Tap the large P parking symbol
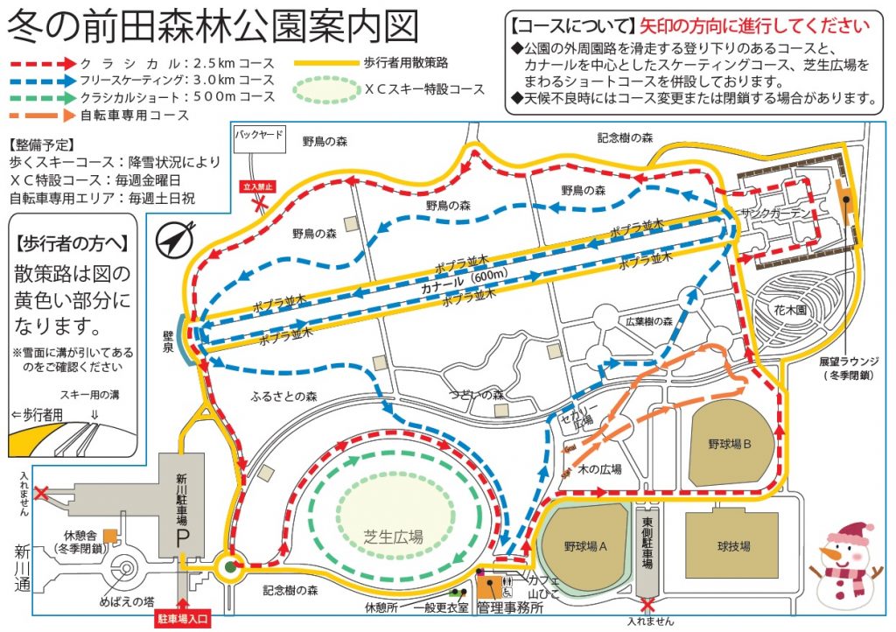pyautogui.click(x=182, y=537)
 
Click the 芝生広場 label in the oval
pyautogui.click(x=394, y=537)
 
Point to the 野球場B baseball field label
pyautogui.click(x=731, y=444)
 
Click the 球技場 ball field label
pyautogui.click(x=733, y=546)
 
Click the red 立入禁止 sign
pyautogui.click(x=258, y=186)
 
